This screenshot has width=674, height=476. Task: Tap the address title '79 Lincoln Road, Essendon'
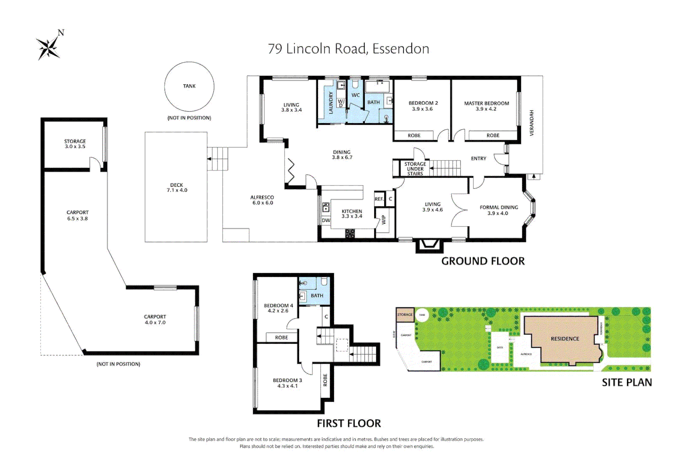[348, 48]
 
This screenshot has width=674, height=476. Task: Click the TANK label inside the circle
[189, 86]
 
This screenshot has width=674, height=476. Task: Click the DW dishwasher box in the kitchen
[326, 220]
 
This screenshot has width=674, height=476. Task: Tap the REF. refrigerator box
[379, 199]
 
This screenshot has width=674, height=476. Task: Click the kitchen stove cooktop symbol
[350, 234]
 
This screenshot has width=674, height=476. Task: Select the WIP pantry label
[383, 219]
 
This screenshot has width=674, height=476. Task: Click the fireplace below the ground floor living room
[429, 245]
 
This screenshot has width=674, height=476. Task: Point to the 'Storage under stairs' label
[415, 169]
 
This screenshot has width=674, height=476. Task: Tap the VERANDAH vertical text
[532, 123]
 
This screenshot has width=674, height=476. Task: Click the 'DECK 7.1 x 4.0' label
[176, 188]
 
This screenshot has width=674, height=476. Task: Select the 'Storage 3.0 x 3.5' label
[75, 144]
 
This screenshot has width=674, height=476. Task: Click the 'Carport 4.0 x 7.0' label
[155, 320]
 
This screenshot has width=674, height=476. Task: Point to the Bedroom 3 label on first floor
[287, 383]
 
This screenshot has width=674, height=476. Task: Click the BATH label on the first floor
[317, 296]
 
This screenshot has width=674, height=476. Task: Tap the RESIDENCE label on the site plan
[565, 339]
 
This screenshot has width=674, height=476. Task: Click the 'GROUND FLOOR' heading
[483, 261]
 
